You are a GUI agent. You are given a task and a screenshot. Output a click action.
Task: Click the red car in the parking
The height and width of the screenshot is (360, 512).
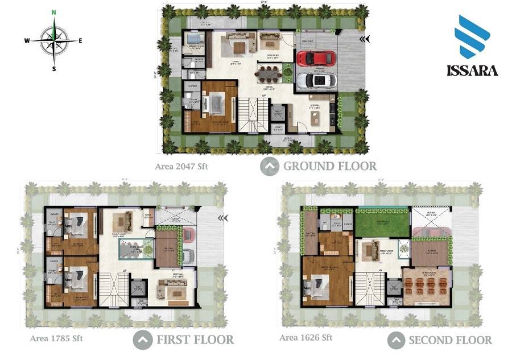(x=315, y=58)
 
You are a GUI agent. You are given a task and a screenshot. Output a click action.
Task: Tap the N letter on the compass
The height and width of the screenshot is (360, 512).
(x=53, y=12)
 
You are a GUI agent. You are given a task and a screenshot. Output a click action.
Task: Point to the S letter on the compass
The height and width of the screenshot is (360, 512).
(x=54, y=69)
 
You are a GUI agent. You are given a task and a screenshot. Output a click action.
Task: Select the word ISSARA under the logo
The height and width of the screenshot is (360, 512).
(x=472, y=71)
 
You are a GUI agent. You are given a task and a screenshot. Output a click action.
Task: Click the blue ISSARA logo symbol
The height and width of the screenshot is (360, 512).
(x=472, y=37)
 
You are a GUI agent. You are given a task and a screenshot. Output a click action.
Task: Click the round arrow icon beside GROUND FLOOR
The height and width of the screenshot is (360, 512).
(x=270, y=166)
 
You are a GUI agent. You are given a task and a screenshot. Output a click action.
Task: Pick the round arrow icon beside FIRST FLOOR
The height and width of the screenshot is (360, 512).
(x=142, y=340)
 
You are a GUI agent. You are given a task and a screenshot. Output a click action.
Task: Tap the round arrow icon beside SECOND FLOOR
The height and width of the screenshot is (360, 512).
(x=397, y=340)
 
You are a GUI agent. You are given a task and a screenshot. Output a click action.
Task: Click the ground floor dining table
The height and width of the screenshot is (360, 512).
(x=269, y=72)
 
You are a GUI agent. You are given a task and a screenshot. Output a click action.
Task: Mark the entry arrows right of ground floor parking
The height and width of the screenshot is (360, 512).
(x=364, y=39)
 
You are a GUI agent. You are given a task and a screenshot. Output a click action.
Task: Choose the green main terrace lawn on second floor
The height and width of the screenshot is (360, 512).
(x=382, y=222)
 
